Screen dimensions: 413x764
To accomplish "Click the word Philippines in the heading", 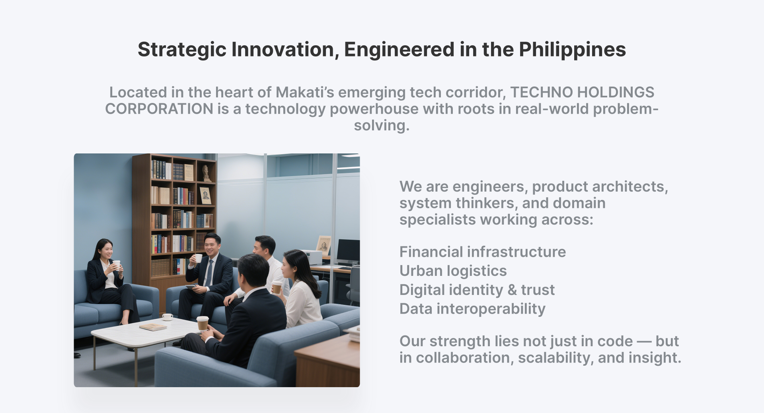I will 572,50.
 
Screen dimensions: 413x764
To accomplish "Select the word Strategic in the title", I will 182,50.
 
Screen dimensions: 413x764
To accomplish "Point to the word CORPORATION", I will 159,109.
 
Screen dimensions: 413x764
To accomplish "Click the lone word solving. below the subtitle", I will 382,126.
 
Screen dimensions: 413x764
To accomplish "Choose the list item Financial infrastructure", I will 482,252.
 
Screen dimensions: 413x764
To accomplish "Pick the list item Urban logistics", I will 453,271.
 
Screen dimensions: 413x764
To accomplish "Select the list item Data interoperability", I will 472,309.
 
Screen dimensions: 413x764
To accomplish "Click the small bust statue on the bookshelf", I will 205,173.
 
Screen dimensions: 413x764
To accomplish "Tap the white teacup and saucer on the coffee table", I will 168,317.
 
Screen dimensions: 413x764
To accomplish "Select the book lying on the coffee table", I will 153,327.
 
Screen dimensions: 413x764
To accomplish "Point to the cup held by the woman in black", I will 117,265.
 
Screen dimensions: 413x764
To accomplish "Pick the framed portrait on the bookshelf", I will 205,195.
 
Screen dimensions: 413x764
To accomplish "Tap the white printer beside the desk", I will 313,257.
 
